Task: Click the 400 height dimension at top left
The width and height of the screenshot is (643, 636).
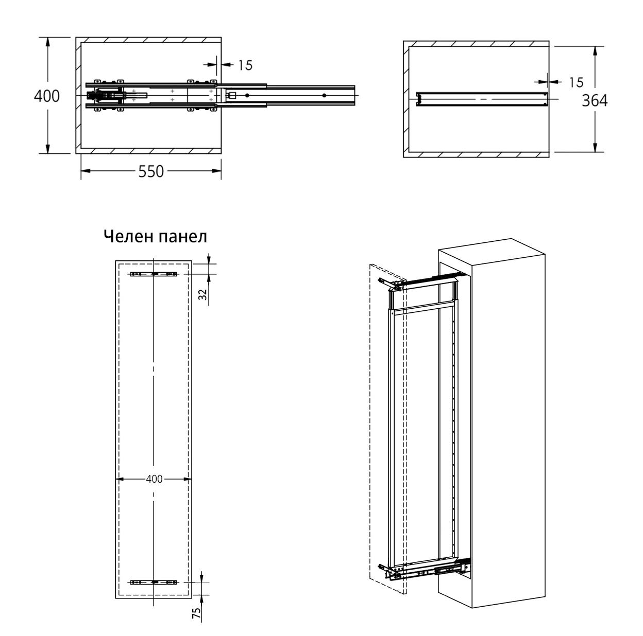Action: [x=47, y=96]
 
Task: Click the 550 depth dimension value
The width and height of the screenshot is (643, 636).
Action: [x=151, y=171]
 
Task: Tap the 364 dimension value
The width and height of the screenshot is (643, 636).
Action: [x=595, y=101]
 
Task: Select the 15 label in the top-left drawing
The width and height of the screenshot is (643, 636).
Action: [x=245, y=65]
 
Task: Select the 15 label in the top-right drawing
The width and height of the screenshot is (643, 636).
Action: [x=576, y=82]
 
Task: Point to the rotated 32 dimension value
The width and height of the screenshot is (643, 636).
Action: [x=202, y=294]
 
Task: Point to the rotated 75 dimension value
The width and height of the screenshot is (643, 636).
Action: [x=196, y=613]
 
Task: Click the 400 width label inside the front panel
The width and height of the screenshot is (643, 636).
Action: [x=154, y=479]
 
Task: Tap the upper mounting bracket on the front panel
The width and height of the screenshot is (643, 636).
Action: [x=154, y=274]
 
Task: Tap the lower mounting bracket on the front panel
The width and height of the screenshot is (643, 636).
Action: [x=154, y=582]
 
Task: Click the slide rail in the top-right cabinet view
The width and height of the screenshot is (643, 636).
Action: [x=481, y=98]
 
